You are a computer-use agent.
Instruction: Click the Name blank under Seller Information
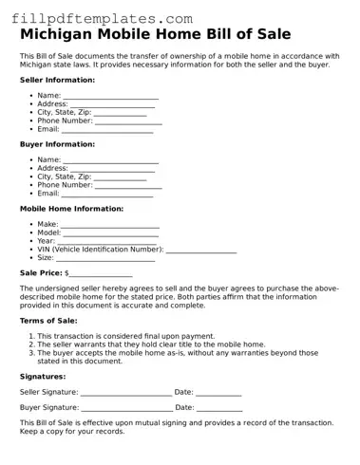[110, 97]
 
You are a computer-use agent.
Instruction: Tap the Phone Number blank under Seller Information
[128, 121]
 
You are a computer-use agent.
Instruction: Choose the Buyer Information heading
[57, 144]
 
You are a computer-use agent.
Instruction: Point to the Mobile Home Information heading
[72, 209]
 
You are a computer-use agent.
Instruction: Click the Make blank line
[109, 225]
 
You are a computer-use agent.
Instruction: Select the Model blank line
[110, 232]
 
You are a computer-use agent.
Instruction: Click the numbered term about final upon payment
[126, 336]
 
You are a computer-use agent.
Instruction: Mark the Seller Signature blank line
[125, 392]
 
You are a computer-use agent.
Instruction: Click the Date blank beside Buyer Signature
[219, 407]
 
